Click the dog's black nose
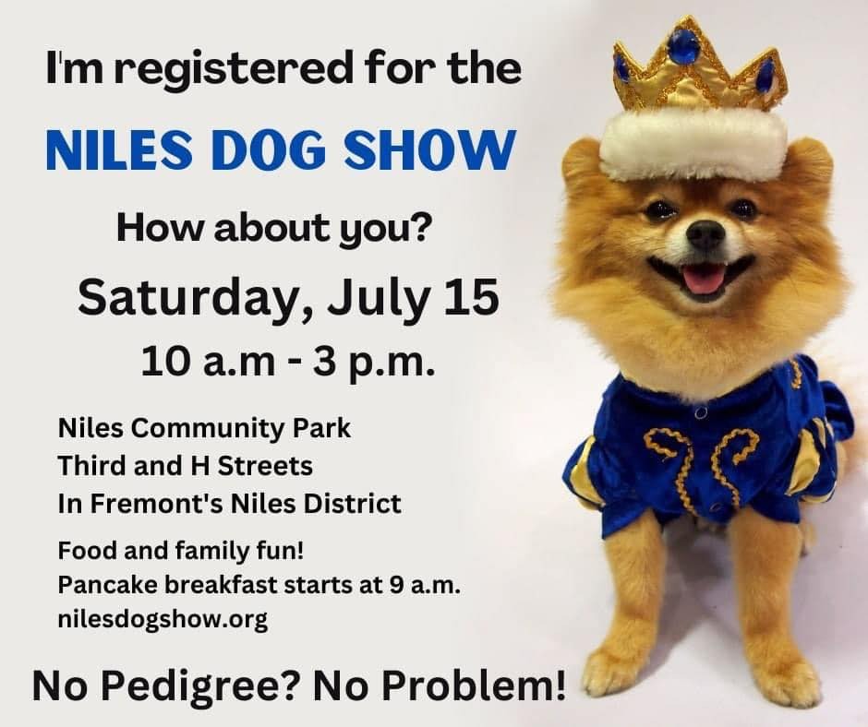tap(705, 234)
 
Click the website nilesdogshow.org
tap(163, 620)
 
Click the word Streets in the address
tap(265, 466)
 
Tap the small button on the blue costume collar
tap(701, 412)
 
